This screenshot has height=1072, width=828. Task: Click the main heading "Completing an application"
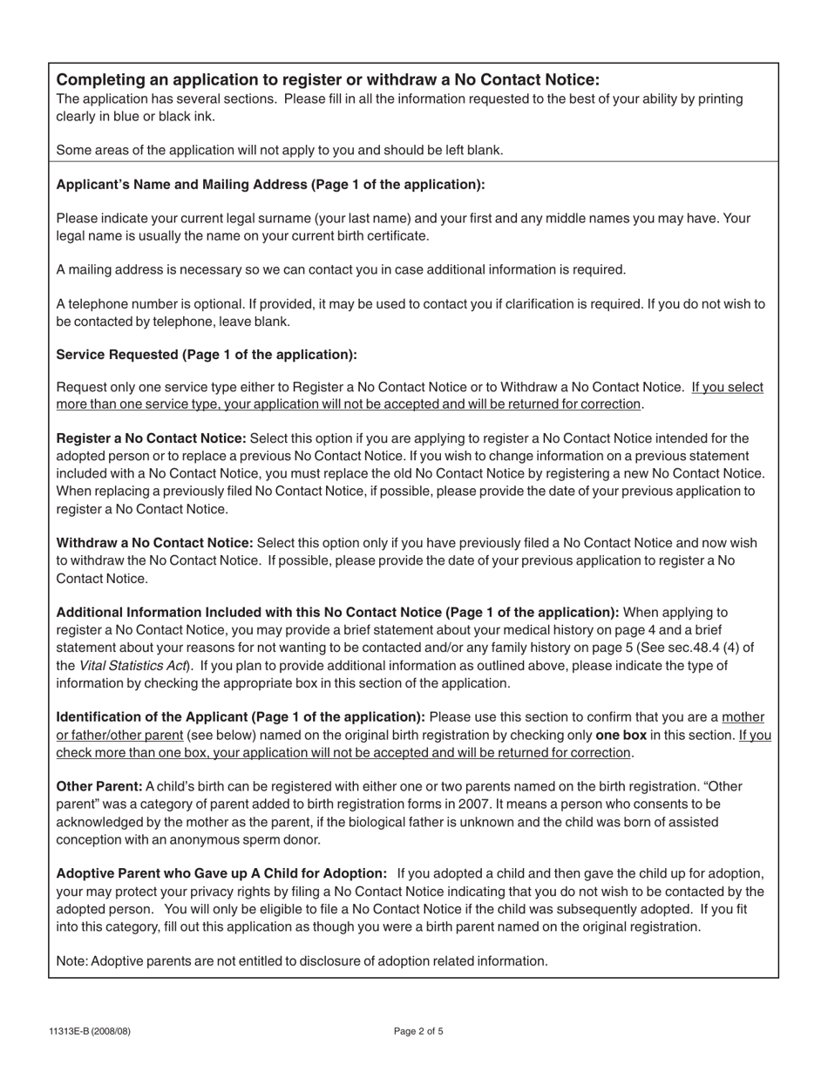click(328, 79)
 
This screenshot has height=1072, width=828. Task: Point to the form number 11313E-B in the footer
click(90, 1032)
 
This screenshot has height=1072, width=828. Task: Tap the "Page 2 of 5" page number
click(418, 1032)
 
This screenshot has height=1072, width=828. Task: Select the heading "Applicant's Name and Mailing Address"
click(270, 185)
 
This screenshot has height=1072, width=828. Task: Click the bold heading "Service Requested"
click(207, 355)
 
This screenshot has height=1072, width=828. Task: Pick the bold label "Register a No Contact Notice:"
click(152, 438)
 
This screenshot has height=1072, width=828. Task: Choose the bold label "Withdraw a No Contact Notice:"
click(154, 543)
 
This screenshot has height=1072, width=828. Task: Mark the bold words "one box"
click(621, 735)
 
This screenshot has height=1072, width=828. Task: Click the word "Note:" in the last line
click(72, 961)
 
